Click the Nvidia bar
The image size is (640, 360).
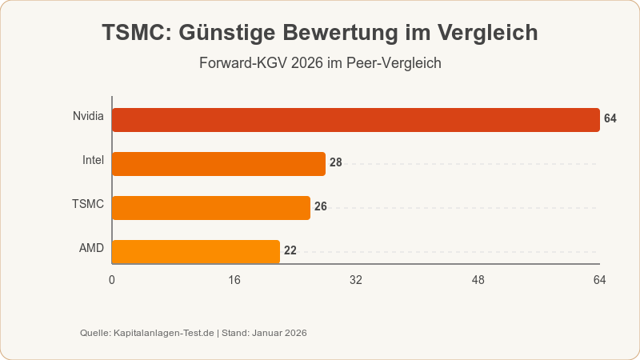coord(355,119)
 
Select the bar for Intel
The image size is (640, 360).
coord(218,163)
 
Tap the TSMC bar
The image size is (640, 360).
coord(210,207)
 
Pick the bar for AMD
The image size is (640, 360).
coord(195,251)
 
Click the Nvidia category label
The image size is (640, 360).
coord(88,117)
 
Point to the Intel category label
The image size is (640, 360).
coord(93,160)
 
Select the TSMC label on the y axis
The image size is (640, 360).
coord(88,204)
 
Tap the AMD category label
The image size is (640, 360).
coord(91,248)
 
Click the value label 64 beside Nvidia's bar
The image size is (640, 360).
coord(610,118)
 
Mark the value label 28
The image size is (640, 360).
coord(336,162)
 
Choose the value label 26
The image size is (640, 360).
coord(321,206)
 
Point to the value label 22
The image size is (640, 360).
coord(290,250)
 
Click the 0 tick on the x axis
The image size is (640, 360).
coord(112,280)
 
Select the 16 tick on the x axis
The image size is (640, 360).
coord(234,280)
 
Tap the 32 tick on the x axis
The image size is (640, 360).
coord(356,280)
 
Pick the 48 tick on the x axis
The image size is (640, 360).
coord(478,280)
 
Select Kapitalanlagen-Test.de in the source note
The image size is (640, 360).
coord(164,333)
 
